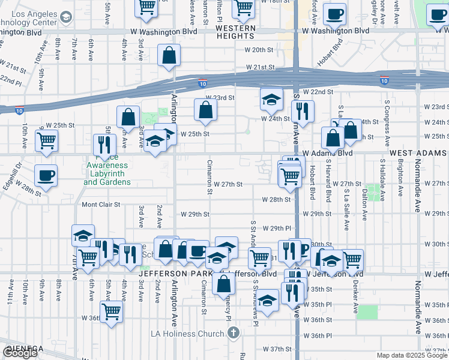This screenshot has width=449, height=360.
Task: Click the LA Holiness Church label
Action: coord(190,333)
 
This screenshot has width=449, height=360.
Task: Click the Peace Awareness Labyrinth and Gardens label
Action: coord(106,173)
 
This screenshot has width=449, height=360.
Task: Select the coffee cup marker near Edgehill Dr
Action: coord(46,175)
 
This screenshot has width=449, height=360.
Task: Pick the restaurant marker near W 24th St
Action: coord(302,110)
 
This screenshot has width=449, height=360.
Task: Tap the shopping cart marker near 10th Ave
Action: coord(47,141)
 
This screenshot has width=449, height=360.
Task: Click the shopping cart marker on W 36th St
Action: coord(112,311)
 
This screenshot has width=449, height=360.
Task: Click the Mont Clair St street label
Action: coord(101,205)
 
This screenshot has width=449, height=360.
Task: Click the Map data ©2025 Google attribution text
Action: coord(411,355)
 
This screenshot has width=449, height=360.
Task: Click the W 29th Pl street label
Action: coord(280,229)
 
